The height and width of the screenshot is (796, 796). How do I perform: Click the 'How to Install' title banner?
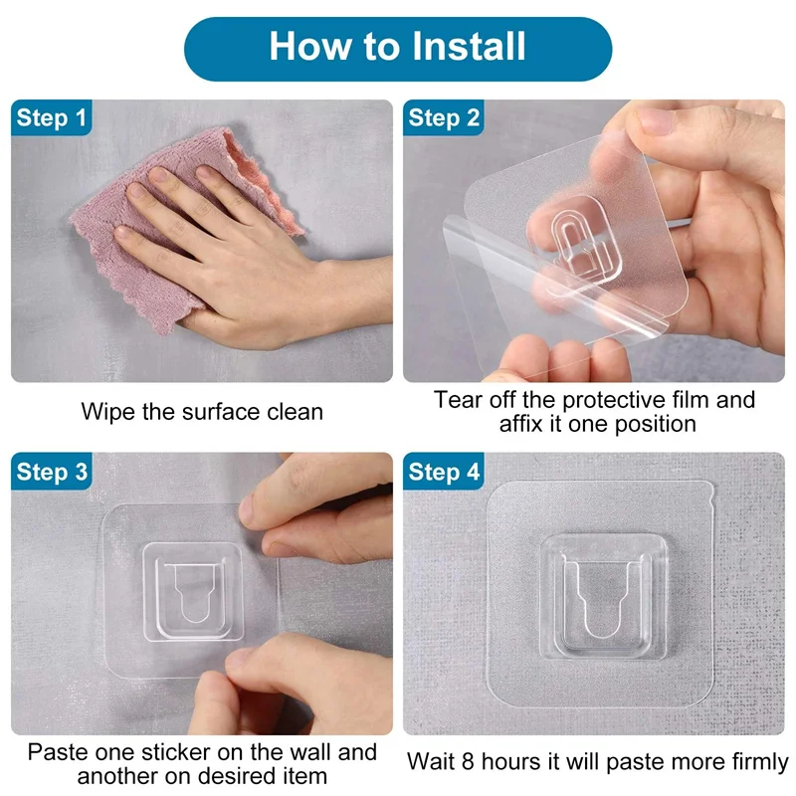[398, 48]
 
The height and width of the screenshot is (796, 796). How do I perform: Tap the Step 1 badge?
[52, 118]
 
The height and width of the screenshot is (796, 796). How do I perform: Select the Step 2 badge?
[444, 118]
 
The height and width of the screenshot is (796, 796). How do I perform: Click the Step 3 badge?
[52, 472]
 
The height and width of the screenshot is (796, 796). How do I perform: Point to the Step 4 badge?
[444, 472]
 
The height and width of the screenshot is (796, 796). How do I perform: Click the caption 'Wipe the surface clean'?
[202, 411]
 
